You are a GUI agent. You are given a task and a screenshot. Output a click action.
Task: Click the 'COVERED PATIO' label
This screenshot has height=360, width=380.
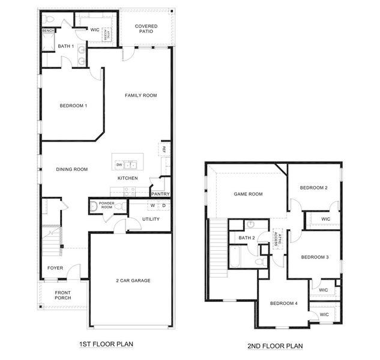pos(146,29)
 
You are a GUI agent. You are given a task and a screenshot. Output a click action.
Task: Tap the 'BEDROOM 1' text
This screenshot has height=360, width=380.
pos(74,106)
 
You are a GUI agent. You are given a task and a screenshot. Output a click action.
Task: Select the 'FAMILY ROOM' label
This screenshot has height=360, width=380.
pos(140,95)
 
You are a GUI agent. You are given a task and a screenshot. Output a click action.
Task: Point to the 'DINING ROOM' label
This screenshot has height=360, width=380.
pos(72,170)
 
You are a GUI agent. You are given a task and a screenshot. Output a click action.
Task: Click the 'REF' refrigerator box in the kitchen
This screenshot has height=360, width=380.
pos(163,149)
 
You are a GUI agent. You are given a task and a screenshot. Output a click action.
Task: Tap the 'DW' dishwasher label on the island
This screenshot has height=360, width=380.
pos(119,164)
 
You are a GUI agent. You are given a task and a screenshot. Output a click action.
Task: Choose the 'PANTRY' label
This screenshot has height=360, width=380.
pos(160,194)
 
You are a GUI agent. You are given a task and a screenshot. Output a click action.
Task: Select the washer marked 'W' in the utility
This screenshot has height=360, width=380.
pos(152,206)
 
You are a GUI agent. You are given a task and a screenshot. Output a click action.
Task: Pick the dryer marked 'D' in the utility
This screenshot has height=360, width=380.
pos(163,206)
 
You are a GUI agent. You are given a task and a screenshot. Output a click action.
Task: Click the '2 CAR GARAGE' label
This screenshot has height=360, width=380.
pos(133,281)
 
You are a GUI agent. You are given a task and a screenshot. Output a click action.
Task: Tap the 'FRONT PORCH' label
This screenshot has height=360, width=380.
pos(62,295)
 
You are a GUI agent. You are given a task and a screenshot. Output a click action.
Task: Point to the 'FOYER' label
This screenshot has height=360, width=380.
pos(55,268)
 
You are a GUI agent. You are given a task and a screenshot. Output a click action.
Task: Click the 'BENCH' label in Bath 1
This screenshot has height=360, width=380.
pos(49,31)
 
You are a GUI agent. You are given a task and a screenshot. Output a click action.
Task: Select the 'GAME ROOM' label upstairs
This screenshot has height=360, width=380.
pos(249,194)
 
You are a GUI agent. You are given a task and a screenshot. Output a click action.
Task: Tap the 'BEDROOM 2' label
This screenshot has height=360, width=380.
pos(314,188)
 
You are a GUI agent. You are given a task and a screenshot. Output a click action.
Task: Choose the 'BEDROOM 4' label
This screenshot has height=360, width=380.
pos(283,304)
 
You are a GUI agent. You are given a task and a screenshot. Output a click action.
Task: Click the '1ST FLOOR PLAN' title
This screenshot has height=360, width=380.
pos(106,344)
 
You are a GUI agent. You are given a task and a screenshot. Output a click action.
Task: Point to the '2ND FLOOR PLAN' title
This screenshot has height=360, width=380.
pos(276,346)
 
